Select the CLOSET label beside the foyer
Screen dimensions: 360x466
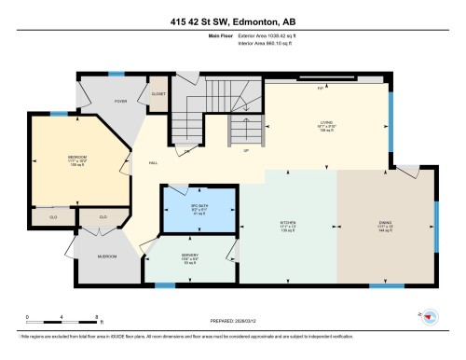coord(155,94)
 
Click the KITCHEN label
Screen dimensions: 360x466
coord(287,223)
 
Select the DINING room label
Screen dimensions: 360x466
coord(385,223)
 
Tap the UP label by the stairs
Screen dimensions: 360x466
coord(245,151)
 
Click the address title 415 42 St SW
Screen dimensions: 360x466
coord(232,21)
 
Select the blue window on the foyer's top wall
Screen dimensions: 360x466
coord(116,74)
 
